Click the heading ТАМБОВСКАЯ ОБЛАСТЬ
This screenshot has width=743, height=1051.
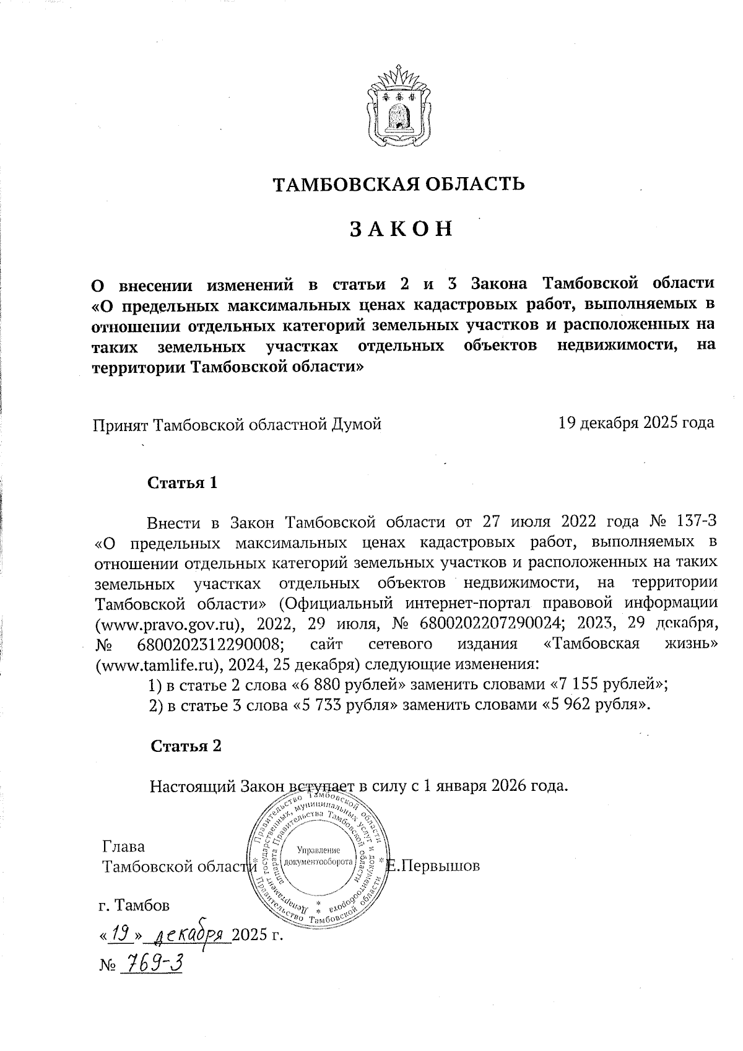tap(399, 184)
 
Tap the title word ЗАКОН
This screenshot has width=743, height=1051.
tap(401, 229)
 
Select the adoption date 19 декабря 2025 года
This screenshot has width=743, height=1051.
tap(636, 423)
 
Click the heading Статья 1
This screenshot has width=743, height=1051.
tap(182, 483)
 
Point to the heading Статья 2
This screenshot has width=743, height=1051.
tap(186, 746)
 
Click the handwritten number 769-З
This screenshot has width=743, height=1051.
tap(151, 962)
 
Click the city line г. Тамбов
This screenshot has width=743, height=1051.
tap(134, 906)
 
